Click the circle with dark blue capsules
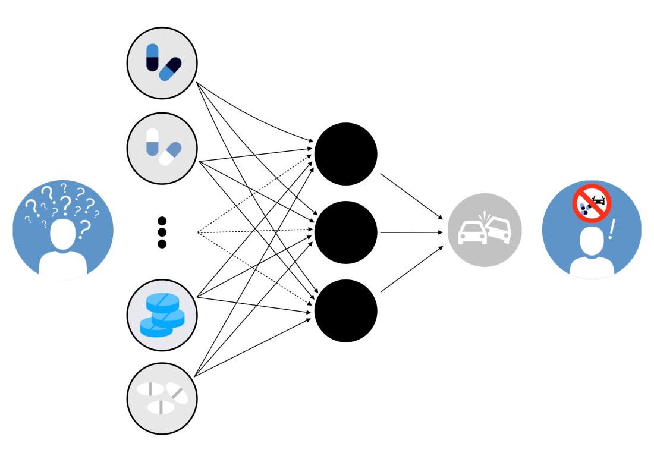(162, 62)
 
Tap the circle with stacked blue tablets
(162, 313)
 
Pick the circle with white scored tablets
(162, 398)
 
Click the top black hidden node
(345, 154)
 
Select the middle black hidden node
(345, 232)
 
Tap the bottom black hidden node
(345, 310)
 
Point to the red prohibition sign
(592, 203)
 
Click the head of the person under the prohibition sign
(592, 243)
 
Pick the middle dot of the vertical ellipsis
(162, 232)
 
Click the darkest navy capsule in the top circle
(153, 58)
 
